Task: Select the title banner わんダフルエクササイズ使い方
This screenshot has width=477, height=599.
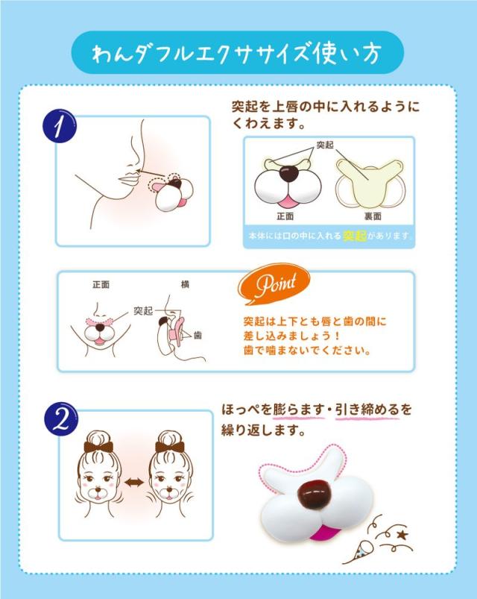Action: tap(238, 53)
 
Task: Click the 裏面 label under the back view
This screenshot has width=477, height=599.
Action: tap(373, 216)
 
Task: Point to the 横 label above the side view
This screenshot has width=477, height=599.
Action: tap(185, 284)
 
